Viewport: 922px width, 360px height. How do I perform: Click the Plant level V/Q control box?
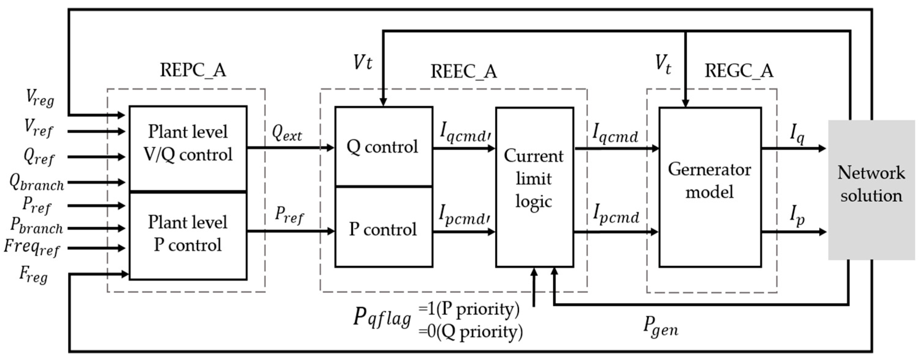click(x=188, y=149)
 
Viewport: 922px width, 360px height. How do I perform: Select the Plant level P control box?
click(x=188, y=236)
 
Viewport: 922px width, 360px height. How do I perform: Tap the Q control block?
click(x=384, y=146)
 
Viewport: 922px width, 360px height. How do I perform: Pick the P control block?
click(x=384, y=227)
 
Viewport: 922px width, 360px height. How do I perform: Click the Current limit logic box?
click(x=534, y=187)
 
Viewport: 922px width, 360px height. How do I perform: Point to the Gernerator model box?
click(x=710, y=187)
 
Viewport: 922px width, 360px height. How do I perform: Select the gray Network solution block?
click(x=871, y=190)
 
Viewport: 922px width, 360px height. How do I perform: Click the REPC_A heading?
click(x=193, y=70)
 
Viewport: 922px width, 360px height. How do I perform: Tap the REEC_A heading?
click(x=464, y=71)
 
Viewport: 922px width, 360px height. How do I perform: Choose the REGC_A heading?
click(x=739, y=70)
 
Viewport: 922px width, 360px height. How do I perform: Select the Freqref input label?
click(x=31, y=248)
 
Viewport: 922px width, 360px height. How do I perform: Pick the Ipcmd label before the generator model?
click(x=615, y=214)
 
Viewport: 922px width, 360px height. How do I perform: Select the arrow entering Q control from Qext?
click(x=291, y=147)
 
